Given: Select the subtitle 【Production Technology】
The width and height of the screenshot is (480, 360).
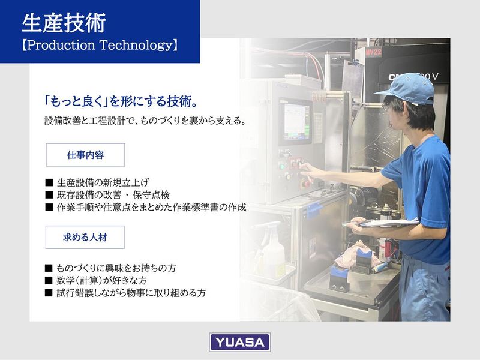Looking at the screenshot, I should [x=100, y=46].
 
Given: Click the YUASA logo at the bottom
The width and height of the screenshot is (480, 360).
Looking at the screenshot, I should [x=239, y=342].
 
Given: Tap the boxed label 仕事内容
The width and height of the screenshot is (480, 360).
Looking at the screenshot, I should [x=85, y=155].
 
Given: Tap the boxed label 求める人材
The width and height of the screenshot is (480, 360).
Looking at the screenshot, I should [x=85, y=237].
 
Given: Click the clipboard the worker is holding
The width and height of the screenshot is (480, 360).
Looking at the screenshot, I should [x=384, y=223].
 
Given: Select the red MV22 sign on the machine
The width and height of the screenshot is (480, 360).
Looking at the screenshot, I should [x=373, y=52].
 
